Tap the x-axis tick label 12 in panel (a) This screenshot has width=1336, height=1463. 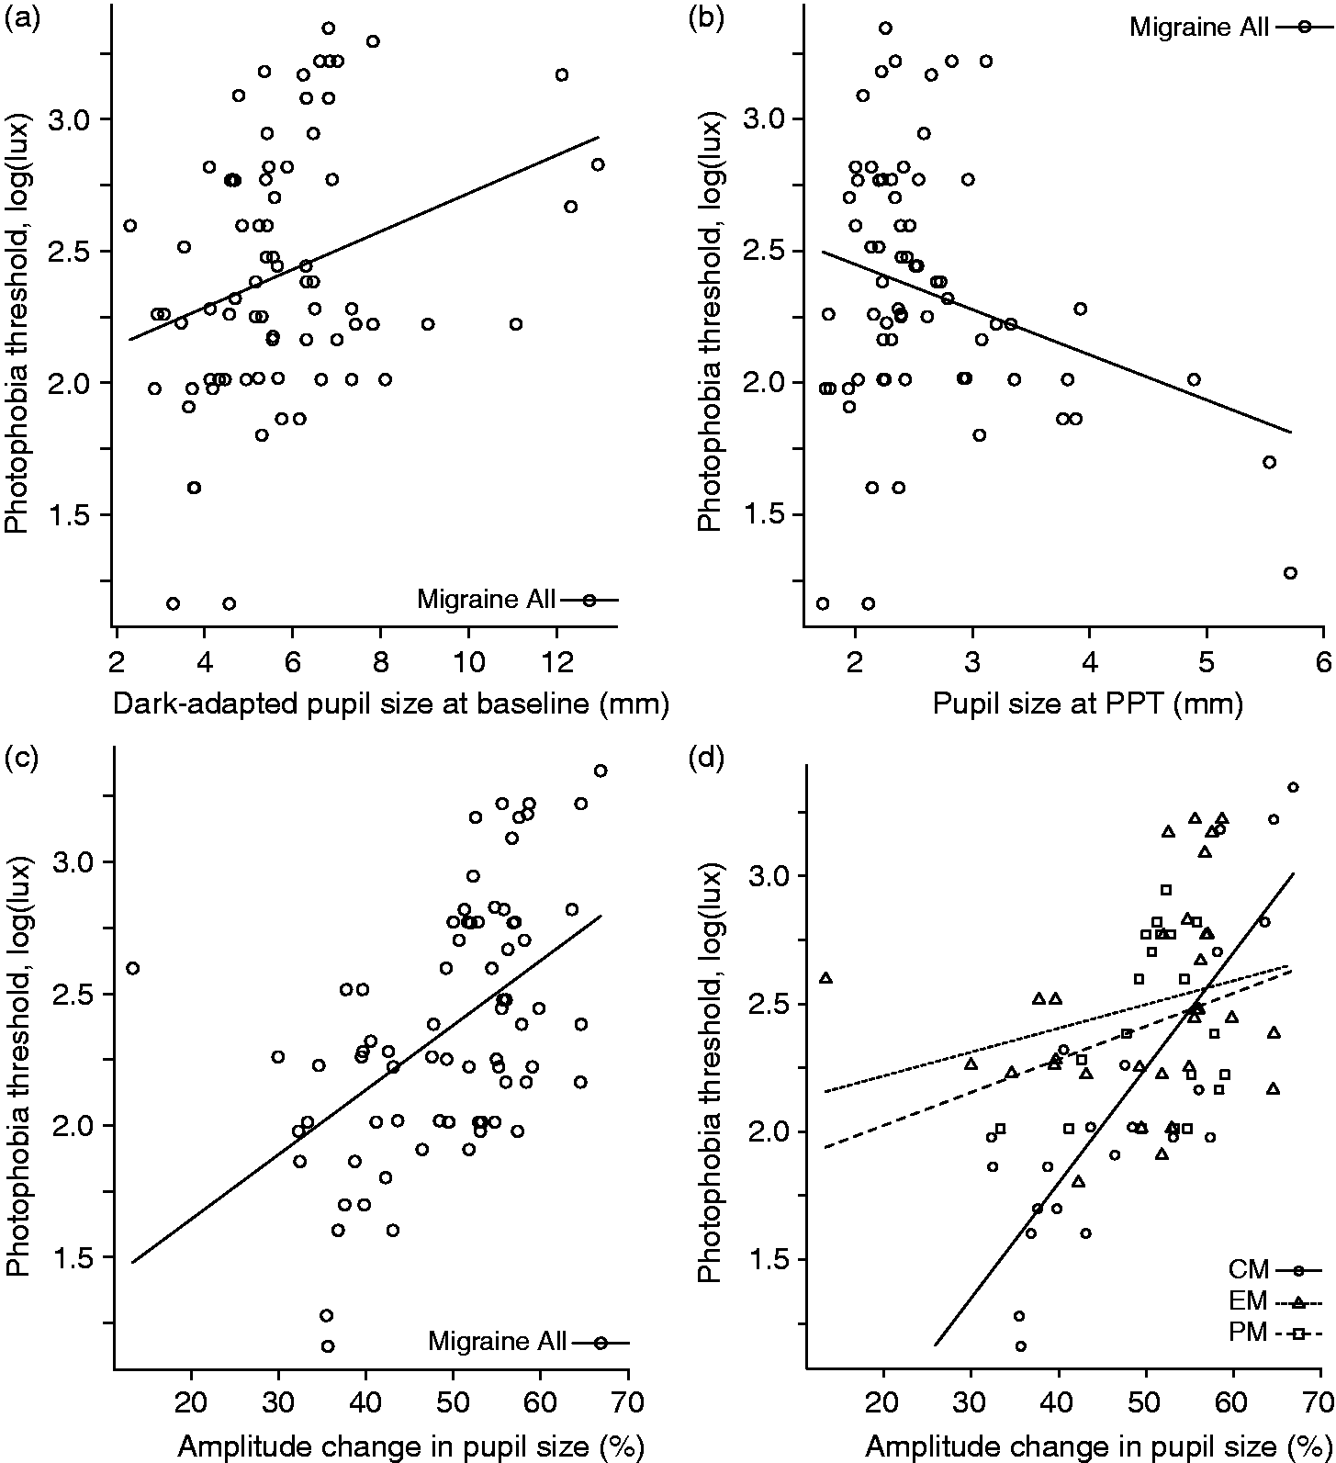coord(556,662)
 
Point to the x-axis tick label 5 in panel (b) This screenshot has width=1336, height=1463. coord(1207,662)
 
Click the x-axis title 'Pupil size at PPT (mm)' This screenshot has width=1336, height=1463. coord(1088,704)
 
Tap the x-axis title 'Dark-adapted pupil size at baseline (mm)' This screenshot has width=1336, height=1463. coord(390,704)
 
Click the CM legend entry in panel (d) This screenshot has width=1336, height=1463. coord(1273,1271)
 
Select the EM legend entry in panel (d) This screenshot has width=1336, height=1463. coord(1273,1301)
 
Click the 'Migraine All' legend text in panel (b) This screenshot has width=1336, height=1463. coord(1198,27)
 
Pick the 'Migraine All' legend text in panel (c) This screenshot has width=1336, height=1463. coord(497,1342)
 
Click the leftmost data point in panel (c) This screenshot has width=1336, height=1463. coord(132,968)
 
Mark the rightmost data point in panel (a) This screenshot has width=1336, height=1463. coord(598,164)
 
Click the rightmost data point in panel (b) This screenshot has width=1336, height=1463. coord(1290,573)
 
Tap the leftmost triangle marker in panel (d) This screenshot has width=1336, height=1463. coord(825,977)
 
